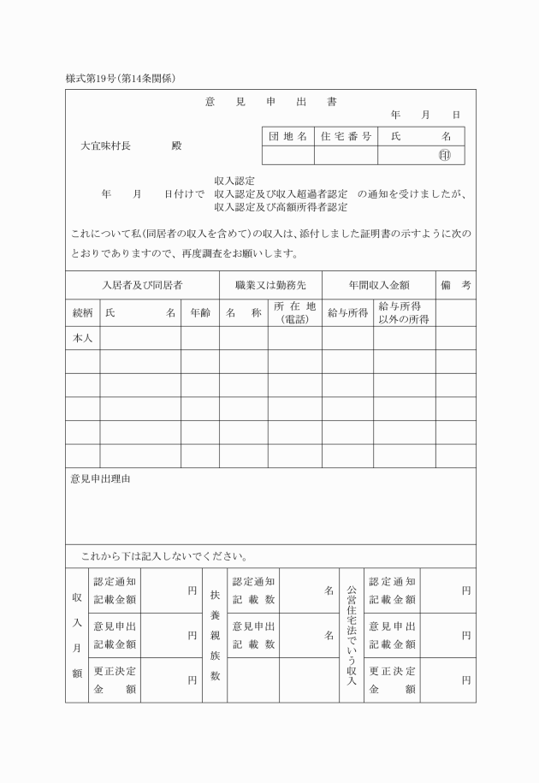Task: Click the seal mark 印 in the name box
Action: pos(444,155)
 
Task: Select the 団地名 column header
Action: pos(287,136)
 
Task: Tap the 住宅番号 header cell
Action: pos(346,136)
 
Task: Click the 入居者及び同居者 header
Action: pos(142,285)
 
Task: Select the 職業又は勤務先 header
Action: pos(270,285)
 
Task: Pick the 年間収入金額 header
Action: pos(378,285)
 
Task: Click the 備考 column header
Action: pos(455,285)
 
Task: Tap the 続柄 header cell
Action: pos(82,313)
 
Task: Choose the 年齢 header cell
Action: pos(199,313)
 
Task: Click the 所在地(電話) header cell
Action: pos(294,313)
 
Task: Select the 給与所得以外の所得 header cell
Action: pos(404,313)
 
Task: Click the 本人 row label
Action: pos(82,338)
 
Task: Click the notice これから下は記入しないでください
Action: pos(164,556)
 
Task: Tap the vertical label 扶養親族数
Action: pos(215,635)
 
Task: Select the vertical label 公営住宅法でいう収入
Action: pos(351,635)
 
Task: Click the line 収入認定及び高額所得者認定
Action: pos(281,206)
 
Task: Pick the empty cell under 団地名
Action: pos(287,155)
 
